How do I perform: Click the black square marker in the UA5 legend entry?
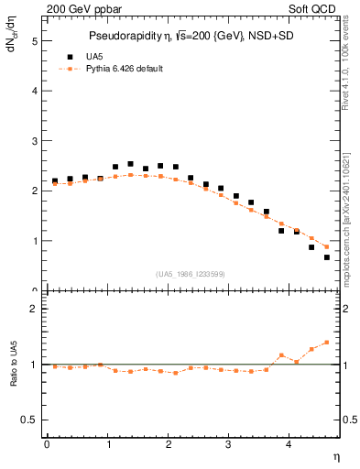pos(68,56)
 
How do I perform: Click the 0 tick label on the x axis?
pos(47,444)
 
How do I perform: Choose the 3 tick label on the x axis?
pos(229,444)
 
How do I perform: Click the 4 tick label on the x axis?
pos(289,444)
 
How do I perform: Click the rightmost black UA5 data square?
pos(327,257)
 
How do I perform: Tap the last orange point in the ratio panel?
pos(327,343)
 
